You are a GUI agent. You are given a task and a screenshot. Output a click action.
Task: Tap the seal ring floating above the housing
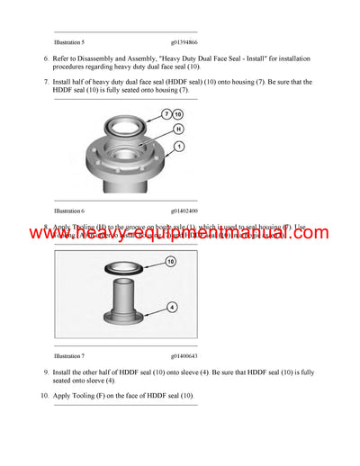click(121, 118)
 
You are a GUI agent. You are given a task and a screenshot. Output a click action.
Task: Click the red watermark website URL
click(180, 234)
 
